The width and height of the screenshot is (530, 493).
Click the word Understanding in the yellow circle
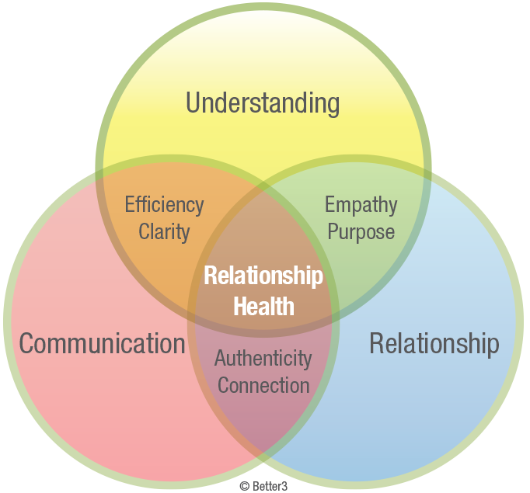click(263, 103)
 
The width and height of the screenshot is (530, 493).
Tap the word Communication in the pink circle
click(102, 343)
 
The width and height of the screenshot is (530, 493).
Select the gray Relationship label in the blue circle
click(434, 343)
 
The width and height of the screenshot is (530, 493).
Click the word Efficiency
click(164, 206)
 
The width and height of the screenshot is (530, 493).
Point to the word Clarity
click(164, 231)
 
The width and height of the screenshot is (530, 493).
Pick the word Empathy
click(361, 206)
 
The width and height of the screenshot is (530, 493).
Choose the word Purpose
click(361, 231)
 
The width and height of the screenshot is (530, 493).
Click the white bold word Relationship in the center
click(263, 276)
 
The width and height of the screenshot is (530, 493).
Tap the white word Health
click(264, 305)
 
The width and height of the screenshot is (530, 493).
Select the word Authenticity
click(263, 359)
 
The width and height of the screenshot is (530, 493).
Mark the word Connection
click(263, 385)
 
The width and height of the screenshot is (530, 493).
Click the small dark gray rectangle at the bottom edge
click(263, 488)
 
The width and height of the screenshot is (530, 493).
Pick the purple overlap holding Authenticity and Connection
click(263, 404)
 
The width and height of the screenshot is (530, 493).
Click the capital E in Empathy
click(330, 206)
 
